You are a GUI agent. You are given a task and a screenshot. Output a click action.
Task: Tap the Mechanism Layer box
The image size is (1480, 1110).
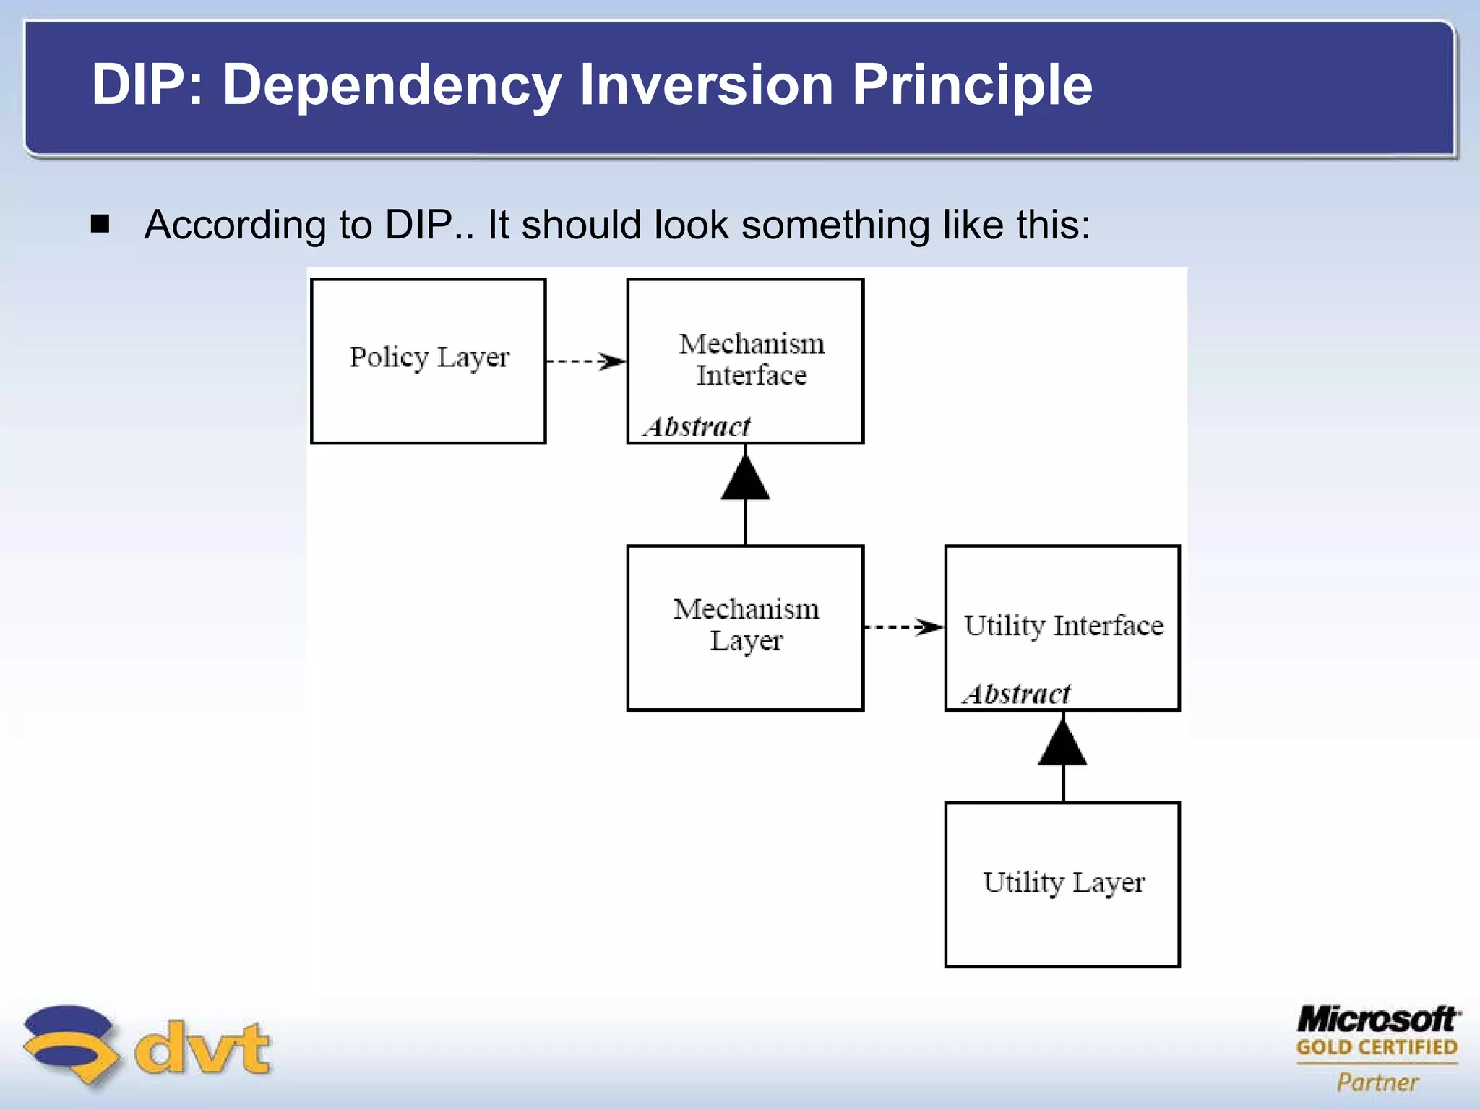pyautogui.click(x=745, y=627)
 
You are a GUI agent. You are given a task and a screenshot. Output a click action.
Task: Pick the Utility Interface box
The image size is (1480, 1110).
pyautogui.click(x=1062, y=627)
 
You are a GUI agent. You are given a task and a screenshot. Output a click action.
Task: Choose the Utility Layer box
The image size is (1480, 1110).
pyautogui.click(x=1062, y=884)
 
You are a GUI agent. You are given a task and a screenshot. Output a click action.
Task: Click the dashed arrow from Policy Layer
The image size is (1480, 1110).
pyautogui.click(x=585, y=361)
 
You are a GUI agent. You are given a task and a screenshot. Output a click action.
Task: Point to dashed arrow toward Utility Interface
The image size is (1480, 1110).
pyautogui.click(x=903, y=627)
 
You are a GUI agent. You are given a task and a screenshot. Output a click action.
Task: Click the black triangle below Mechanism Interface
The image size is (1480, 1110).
pyautogui.click(x=745, y=479)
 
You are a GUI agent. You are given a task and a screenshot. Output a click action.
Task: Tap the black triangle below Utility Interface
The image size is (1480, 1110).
pyautogui.click(x=1062, y=745)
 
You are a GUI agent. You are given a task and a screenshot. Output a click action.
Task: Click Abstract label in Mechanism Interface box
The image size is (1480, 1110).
pyautogui.click(x=697, y=427)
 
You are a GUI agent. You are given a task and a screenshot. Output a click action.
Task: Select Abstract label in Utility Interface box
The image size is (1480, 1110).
pyautogui.click(x=1016, y=694)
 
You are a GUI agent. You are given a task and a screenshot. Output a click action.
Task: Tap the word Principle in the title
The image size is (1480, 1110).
pyautogui.click(x=972, y=85)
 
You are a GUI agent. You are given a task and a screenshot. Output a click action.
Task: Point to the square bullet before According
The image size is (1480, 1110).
pyautogui.click(x=100, y=223)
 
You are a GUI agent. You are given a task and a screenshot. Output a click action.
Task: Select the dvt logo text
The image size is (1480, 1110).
pyautogui.click(x=203, y=1048)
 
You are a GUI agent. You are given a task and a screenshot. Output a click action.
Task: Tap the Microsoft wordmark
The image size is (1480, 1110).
pyautogui.click(x=1378, y=1020)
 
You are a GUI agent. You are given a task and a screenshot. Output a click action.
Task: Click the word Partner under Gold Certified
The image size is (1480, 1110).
pyautogui.click(x=1377, y=1082)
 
